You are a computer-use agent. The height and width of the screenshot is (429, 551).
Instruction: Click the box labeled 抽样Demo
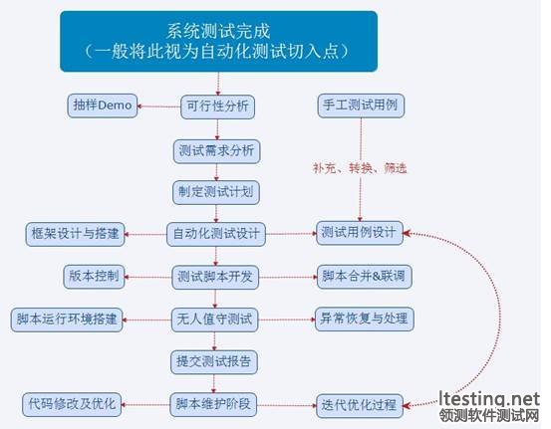click(103, 106)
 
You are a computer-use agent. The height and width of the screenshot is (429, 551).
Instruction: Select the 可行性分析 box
click(217, 107)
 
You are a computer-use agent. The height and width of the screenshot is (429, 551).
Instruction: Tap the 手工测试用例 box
click(361, 106)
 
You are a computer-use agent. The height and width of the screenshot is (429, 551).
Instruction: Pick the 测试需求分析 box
click(216, 151)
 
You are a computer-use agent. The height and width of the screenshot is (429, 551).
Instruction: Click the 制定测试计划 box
click(216, 192)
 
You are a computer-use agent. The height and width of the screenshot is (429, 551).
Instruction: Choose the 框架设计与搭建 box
click(75, 234)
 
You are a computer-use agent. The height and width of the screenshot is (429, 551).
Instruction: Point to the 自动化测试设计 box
click(216, 234)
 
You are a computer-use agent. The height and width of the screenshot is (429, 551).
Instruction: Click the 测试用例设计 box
click(360, 233)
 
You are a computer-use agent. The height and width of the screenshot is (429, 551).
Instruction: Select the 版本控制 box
click(95, 277)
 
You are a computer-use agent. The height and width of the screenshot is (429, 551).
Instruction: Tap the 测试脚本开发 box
click(215, 278)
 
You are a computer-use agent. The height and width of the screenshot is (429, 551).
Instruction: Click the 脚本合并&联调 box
click(365, 277)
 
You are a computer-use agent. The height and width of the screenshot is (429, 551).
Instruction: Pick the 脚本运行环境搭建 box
click(67, 320)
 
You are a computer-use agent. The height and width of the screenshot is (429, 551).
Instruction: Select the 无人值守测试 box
click(214, 320)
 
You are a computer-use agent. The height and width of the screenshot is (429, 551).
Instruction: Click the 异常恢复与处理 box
click(365, 320)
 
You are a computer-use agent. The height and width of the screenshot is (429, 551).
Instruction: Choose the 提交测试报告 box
click(214, 362)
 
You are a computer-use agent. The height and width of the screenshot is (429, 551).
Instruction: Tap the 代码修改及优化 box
click(72, 405)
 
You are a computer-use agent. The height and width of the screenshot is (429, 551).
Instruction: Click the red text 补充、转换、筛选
click(360, 168)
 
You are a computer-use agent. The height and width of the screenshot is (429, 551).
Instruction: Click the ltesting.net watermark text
click(489, 399)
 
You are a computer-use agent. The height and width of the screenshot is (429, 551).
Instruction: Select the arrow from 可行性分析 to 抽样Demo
click(158, 107)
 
